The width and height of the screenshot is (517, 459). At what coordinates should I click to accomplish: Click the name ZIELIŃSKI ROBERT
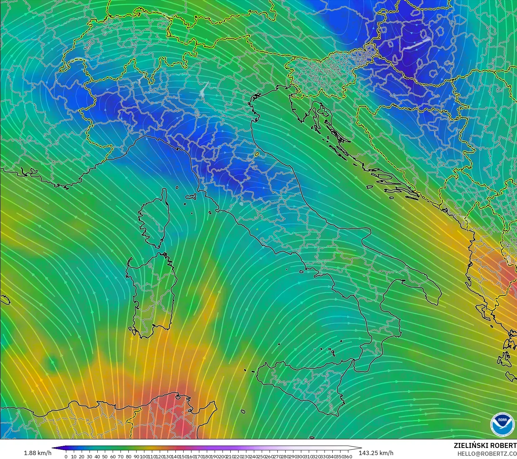pyautogui.click(x=485, y=445)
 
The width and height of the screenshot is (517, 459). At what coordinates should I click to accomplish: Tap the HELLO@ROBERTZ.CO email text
pyautogui.click(x=487, y=454)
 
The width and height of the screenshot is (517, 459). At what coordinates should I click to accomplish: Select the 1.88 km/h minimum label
pyautogui.click(x=37, y=453)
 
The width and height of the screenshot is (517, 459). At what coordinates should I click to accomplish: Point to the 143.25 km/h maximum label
pyautogui.click(x=376, y=453)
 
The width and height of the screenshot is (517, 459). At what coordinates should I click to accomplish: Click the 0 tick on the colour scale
pyautogui.click(x=66, y=456)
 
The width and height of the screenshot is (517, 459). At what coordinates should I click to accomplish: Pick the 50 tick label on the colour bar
pyautogui.click(x=105, y=456)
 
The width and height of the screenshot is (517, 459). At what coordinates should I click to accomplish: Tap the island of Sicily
pyautogui.click(x=303, y=385)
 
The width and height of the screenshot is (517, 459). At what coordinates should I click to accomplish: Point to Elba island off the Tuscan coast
pyautogui.click(x=191, y=196)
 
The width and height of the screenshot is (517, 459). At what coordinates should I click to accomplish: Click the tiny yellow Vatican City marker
pyautogui.click(x=257, y=229)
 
